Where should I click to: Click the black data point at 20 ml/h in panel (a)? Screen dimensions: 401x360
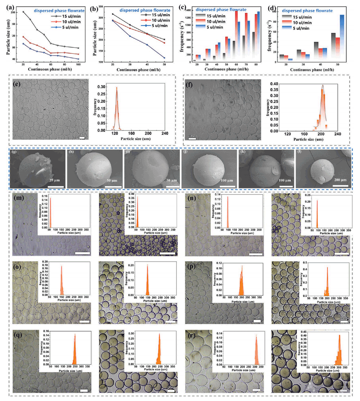[x=23, y=12]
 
